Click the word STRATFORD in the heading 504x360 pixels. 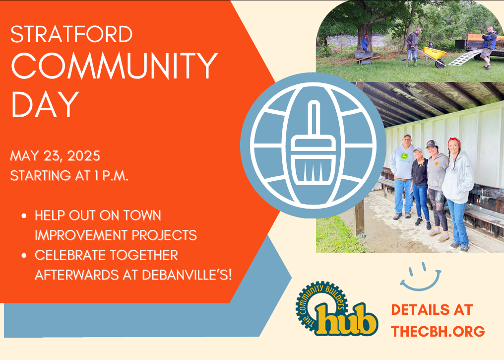[71, 34]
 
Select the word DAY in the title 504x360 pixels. [45, 104]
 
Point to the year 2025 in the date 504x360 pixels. [83, 156]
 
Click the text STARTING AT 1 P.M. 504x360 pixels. [69, 176]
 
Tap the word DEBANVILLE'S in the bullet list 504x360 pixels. [187, 275]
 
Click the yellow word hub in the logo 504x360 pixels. [346, 320]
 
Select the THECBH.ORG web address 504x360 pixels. [438, 331]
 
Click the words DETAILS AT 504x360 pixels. [432, 310]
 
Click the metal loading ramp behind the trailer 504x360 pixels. [464, 58]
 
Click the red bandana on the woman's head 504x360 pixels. [454, 141]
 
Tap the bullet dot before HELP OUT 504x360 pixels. [24, 216]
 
